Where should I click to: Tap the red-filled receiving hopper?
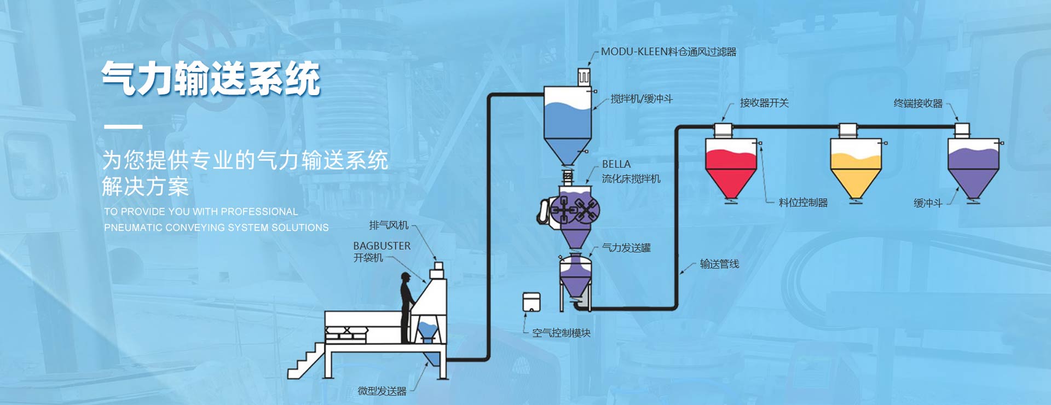731,167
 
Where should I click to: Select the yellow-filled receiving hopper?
856,167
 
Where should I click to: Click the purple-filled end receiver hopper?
973,167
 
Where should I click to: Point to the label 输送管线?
719,264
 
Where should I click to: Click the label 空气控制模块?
561,333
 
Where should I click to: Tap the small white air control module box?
531,302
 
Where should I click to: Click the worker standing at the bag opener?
406,306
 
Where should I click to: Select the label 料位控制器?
803,202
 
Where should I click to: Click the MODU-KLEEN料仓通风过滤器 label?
668,52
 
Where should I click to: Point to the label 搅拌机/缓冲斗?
642,99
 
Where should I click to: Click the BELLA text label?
616,164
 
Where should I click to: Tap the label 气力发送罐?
626,248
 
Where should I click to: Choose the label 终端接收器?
918,103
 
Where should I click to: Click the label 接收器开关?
764,103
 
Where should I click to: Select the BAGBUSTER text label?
382,246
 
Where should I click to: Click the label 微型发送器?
382,391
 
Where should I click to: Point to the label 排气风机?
389,225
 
